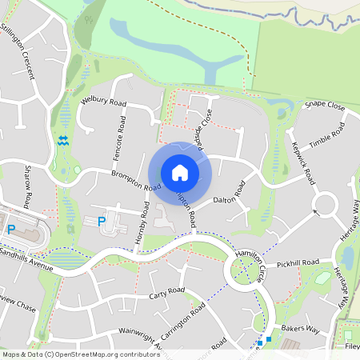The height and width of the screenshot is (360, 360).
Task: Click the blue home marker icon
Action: click(x=180, y=172)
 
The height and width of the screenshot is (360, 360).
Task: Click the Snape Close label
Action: click(x=324, y=106)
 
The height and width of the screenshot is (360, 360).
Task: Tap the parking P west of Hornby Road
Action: click(x=101, y=222)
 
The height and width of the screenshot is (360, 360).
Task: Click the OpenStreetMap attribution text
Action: click(x=80, y=354)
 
